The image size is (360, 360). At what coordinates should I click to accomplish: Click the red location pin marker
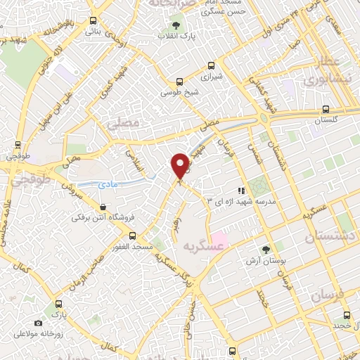point(181,165)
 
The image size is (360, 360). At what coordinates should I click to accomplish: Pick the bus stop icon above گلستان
point(325,108)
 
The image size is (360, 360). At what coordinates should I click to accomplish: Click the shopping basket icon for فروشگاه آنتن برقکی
point(104,207)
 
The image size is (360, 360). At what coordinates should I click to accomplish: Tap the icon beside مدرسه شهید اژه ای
point(241,190)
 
